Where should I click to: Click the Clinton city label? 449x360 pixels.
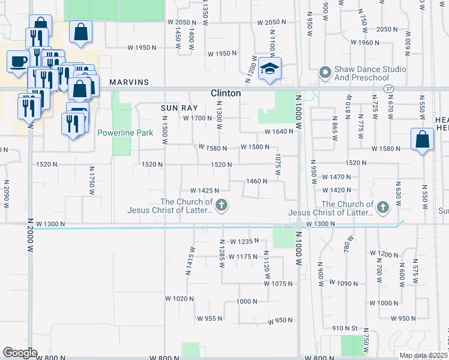(226, 93)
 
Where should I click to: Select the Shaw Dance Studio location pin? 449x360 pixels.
(325, 73)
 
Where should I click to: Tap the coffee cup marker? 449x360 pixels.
(17, 61)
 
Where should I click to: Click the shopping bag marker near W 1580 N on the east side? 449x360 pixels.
(423, 139)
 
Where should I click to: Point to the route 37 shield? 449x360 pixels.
(389, 88)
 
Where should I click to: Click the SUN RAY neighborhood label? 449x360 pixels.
(175, 108)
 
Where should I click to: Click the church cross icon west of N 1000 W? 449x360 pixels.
(221, 206)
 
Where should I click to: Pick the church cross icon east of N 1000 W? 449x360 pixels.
(382, 208)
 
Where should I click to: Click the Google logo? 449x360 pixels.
(20, 353)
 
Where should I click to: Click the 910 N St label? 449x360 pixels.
(345, 328)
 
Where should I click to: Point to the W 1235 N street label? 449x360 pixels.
(243, 241)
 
